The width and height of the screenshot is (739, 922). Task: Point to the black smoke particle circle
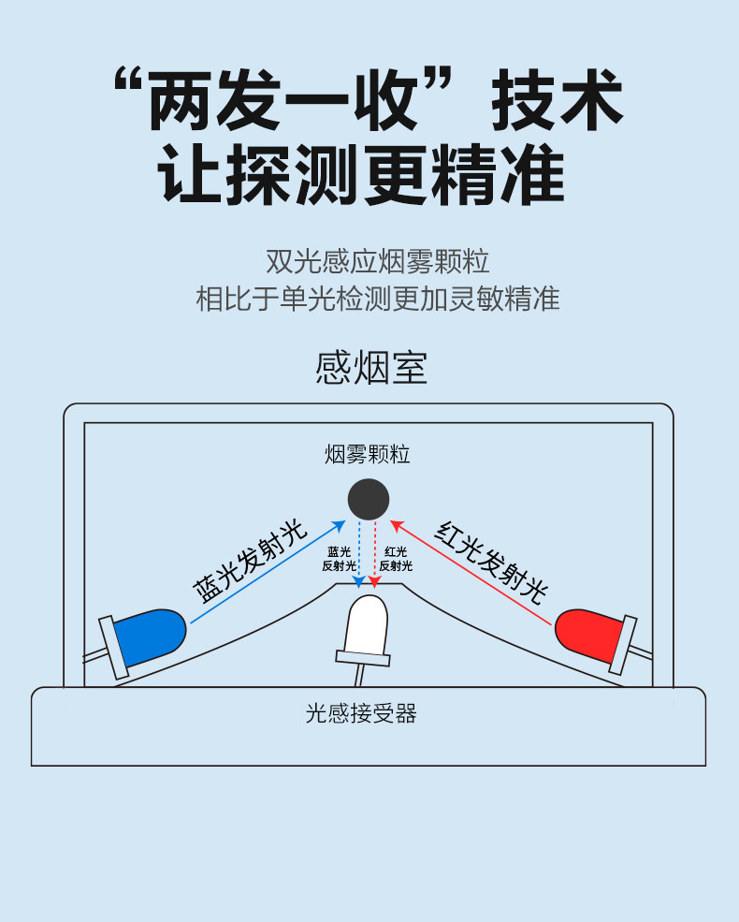pos(368,499)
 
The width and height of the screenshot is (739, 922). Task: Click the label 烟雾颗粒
pos(368,455)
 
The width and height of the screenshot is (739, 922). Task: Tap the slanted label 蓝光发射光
pos(250,561)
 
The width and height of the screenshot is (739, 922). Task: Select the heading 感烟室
pos(371,368)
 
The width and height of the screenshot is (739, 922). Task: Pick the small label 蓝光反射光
pos(339,559)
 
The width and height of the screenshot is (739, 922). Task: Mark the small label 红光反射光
pos(396,559)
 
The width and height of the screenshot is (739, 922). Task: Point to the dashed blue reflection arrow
pos(360,552)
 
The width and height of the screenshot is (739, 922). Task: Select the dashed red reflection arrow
pos(375,552)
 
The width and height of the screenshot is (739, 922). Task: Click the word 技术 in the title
pos(557,98)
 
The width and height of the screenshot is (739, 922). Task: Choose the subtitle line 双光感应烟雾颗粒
pos(377,259)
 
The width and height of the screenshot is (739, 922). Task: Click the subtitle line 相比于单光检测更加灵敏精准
pos(377,299)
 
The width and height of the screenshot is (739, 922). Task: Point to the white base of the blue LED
pos(115,647)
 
